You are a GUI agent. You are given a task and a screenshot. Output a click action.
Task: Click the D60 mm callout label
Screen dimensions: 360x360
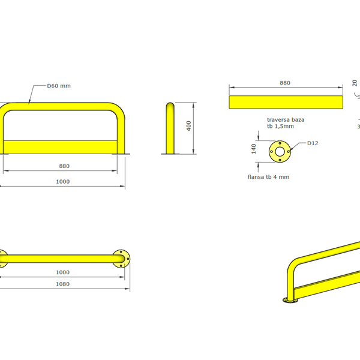(59, 86)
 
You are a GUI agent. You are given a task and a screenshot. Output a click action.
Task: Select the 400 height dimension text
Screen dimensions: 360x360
(189, 126)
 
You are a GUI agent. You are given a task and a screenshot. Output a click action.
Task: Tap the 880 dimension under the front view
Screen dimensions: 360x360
(64, 166)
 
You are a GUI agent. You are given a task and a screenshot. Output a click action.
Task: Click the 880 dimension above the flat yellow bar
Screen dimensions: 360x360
(285, 83)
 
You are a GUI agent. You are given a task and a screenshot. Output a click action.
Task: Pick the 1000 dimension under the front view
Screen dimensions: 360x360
(62, 182)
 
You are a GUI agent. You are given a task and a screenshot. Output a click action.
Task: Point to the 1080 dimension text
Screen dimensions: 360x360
(62, 284)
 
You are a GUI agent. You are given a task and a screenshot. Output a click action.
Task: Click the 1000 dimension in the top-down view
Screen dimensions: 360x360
(62, 272)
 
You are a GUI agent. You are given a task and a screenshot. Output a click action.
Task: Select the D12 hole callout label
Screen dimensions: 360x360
(313, 143)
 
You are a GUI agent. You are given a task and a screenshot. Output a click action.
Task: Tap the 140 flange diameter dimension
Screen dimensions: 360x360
(253, 149)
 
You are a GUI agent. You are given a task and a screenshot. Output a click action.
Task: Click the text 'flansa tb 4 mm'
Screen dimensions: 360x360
(268, 177)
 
